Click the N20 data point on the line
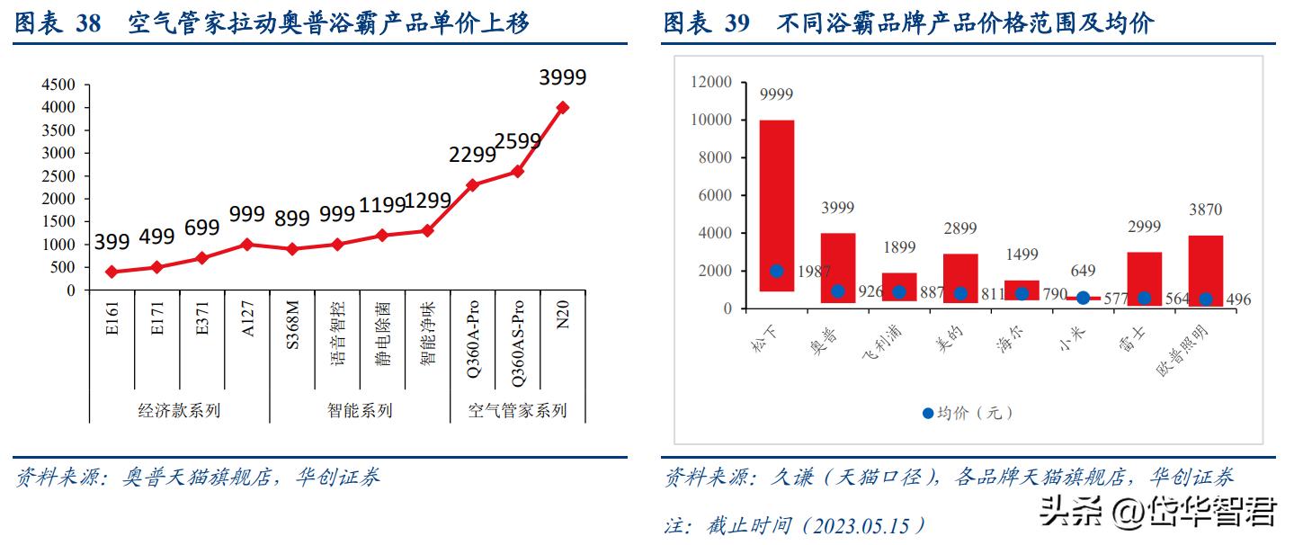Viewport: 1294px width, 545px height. [563, 107]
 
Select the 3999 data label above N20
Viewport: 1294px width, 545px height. [563, 77]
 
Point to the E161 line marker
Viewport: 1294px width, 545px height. [112, 272]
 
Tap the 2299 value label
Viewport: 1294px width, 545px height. [472, 155]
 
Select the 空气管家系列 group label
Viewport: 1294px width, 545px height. [517, 411]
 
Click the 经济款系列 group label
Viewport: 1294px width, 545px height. [179, 411]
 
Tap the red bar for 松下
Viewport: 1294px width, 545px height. [776, 205]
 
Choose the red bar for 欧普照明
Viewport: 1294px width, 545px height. [1205, 271]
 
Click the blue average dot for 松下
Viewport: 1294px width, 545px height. [776, 271]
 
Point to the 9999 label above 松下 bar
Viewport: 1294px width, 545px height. [776, 94]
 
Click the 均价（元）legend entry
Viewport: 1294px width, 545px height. [967, 413]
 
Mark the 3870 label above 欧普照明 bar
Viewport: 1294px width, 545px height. [1205, 210]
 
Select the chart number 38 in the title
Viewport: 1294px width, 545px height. [88, 23]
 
